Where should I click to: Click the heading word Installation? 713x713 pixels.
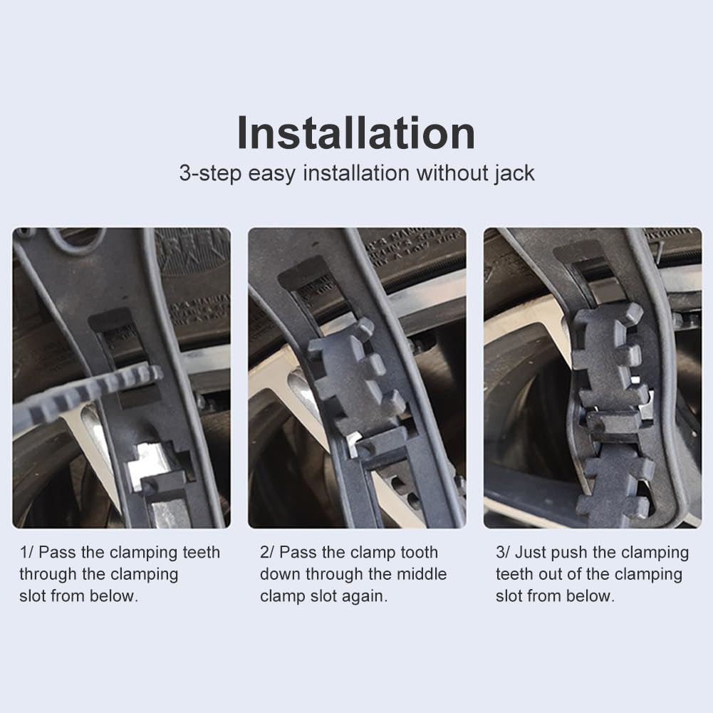click(x=356, y=132)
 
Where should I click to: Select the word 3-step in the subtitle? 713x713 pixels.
click(x=210, y=174)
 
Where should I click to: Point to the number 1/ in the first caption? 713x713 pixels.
click(x=26, y=553)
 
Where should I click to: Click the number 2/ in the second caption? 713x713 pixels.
click(x=267, y=553)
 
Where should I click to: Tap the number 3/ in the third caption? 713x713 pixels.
click(x=503, y=553)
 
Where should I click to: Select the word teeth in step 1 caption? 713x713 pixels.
click(x=201, y=553)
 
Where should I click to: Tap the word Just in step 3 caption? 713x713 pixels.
click(x=530, y=553)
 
